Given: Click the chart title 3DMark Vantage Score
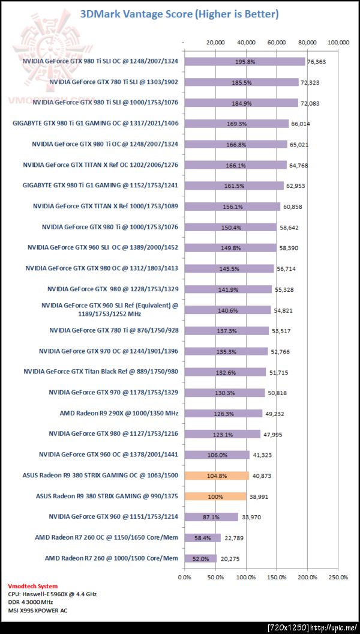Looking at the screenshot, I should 179,14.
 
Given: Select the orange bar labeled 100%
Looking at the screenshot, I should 215,497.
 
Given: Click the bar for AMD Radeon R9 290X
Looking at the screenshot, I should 223,413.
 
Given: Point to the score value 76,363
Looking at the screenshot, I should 320,61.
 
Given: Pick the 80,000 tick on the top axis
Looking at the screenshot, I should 308,43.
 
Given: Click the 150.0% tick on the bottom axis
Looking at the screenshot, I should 277,578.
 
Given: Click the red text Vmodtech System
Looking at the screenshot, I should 33,586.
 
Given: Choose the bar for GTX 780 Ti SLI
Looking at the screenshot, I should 241,82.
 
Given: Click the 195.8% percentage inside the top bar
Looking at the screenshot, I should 245,61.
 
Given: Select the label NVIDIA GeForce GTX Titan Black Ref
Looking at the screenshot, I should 101,372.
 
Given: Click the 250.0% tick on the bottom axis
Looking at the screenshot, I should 338,578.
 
